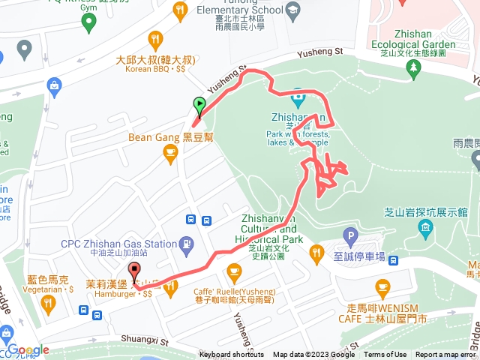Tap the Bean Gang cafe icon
tap(170, 153)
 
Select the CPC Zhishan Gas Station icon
tap(185, 243)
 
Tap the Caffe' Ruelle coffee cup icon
tap(234, 270)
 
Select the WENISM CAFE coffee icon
tap(382, 286)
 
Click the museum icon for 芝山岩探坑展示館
tap(426, 226)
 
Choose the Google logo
tap(28, 350)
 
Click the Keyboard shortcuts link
tap(232, 355)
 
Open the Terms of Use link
tap(385, 355)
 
